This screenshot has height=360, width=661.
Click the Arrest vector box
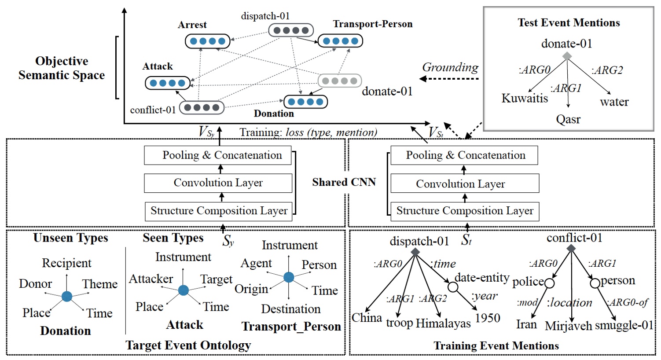pos(208,41)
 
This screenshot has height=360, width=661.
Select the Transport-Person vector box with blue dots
pos(340,41)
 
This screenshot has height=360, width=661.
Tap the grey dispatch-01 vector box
pos(291,30)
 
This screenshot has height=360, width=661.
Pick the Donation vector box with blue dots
pos(305,102)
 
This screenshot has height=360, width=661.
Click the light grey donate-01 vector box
pos(340,81)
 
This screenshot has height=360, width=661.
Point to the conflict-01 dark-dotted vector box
pos(202,107)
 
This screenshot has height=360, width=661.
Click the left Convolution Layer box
pos(218,183)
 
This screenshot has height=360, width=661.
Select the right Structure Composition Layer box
pos(464,211)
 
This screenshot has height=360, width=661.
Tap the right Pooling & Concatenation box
pos(464,155)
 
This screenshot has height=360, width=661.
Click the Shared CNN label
pos(344,182)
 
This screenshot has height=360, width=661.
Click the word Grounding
pos(450,67)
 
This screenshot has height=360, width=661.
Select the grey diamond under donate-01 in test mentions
pos(567,56)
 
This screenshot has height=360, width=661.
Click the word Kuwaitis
pos(525,98)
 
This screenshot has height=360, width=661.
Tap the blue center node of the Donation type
pos(67,296)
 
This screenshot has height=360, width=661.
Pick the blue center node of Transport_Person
pos(289,277)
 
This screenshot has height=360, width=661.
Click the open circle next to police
pos(549,283)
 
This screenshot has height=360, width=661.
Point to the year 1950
pos(488,318)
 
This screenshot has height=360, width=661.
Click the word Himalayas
pos(443,323)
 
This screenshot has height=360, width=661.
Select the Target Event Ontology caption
pos(188,345)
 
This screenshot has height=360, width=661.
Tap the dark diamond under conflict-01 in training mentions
pos(571,249)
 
